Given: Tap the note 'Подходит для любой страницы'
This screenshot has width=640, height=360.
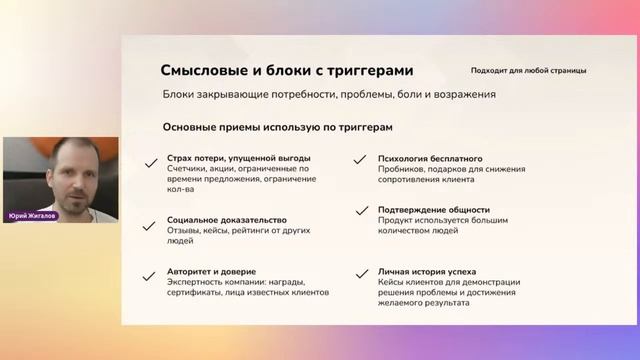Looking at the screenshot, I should coord(529,71).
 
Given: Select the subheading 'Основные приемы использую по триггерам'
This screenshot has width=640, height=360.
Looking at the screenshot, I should coord(277,127).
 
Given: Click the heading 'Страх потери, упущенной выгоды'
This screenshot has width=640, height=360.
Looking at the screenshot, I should coord(239,158).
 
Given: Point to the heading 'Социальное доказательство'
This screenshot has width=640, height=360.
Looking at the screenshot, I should coord(227,220).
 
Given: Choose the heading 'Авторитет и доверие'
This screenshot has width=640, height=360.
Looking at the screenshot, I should coord(212,271).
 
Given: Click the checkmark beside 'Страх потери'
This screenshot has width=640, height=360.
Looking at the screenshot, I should coord(150,160).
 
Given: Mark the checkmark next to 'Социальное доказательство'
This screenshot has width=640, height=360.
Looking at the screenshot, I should coord(150,221).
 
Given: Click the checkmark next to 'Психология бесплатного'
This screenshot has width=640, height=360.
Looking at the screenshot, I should coord(358,160).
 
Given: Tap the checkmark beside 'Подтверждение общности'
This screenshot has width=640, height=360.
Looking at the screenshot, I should coord(358,211).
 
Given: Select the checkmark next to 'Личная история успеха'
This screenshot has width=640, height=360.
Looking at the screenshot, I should coord(358,272).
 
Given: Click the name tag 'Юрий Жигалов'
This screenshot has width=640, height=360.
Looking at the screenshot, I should coord(31,215).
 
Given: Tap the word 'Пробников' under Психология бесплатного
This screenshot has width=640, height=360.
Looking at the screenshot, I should coord(401,169).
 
